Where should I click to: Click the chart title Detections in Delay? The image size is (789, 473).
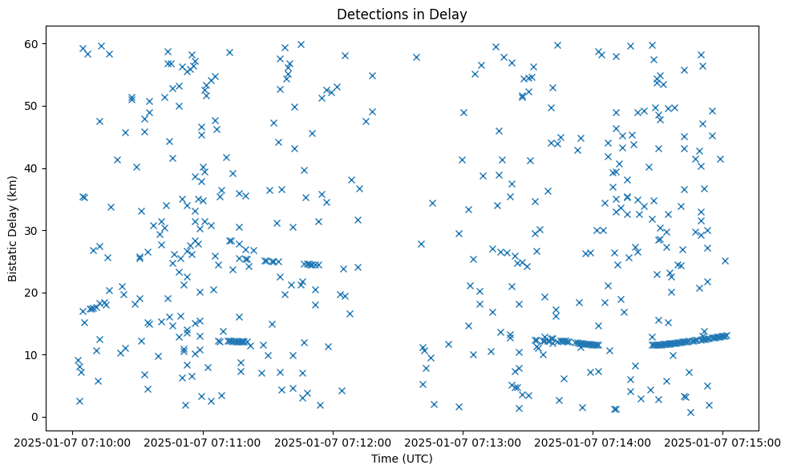click(402, 14)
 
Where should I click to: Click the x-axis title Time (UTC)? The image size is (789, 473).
click(402, 459)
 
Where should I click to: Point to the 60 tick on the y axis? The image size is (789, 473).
click(33, 43)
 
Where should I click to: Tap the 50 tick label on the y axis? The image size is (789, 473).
click(33, 106)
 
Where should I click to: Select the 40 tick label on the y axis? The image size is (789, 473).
click(33, 168)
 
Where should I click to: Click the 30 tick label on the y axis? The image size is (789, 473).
click(33, 230)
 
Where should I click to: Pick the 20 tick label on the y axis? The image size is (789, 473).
click(33, 293)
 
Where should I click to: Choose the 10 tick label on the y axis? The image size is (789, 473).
click(33, 354)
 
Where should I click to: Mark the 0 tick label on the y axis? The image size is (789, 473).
click(36, 417)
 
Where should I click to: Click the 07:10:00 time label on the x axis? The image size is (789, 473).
click(74, 443)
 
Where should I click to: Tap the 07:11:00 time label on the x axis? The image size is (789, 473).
click(204, 443)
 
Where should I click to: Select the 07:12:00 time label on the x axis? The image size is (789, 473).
click(334, 443)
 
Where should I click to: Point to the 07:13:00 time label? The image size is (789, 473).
click(463, 443)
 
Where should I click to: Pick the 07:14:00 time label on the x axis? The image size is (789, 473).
click(593, 443)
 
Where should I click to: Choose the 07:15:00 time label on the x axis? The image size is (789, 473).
click(723, 443)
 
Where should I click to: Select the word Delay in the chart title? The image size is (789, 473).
click(451, 14)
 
